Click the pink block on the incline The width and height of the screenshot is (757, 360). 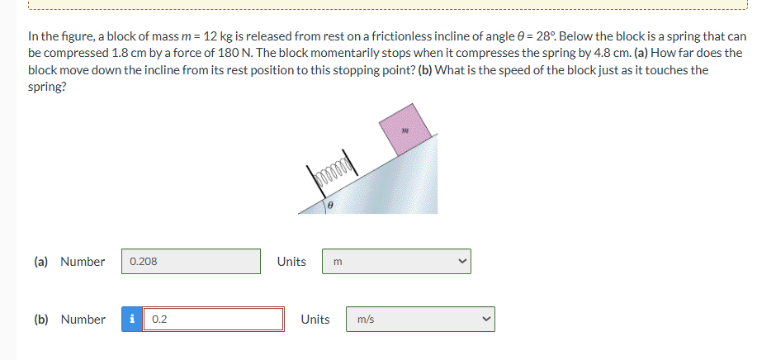(405, 128)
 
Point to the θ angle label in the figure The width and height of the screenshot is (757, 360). (330, 203)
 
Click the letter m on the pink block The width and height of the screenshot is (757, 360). (405, 129)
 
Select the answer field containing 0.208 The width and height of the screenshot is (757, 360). (192, 262)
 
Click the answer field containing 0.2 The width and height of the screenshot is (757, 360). (214, 320)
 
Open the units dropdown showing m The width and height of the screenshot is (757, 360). (396, 262)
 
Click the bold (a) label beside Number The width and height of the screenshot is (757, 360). (40, 262)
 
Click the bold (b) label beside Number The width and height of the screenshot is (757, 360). (40, 320)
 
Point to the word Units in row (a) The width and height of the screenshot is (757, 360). (291, 262)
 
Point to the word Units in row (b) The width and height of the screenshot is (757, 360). (315, 320)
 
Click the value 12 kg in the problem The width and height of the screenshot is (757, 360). (220, 36)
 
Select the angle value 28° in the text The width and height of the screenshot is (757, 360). (546, 36)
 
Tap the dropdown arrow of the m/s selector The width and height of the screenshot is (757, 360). (485, 320)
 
